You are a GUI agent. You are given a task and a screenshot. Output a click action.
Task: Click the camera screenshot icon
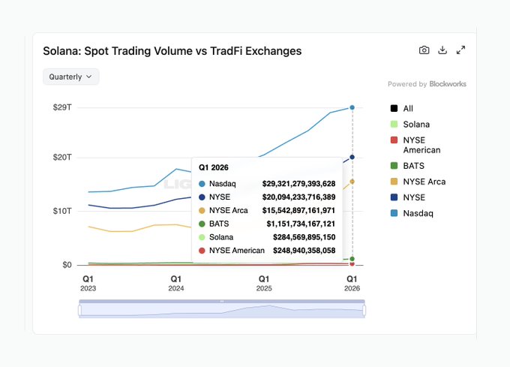424,50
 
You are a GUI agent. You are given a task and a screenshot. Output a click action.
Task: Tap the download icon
442,50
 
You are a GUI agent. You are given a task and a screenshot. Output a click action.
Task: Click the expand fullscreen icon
461,50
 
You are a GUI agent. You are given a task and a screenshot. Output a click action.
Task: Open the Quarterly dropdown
70,77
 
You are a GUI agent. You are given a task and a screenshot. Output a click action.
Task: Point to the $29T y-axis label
62,107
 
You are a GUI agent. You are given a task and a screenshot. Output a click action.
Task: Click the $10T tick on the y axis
62,211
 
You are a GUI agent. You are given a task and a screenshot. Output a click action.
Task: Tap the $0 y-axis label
66,265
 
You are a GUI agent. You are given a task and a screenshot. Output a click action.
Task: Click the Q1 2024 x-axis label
176,283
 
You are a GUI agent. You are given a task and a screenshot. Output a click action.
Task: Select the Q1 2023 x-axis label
88,283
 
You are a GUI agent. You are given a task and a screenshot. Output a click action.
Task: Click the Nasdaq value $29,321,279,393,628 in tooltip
298,183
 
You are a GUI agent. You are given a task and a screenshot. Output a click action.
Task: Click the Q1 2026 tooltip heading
214,167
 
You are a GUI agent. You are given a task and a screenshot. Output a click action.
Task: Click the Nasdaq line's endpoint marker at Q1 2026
352,107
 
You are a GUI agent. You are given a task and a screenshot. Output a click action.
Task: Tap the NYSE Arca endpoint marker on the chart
352,181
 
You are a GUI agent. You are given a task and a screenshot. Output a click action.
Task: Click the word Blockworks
448,84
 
